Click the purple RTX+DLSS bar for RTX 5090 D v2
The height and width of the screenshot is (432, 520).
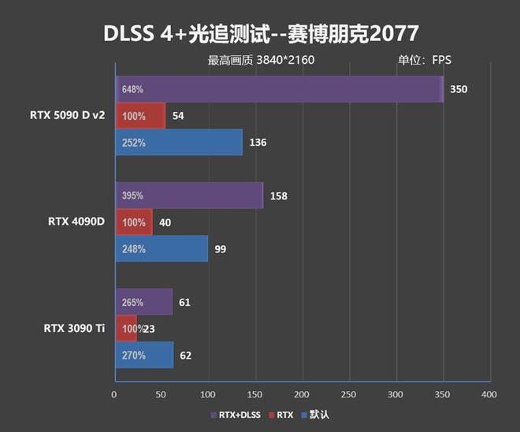[280, 89]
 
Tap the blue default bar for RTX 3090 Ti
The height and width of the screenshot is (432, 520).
[144, 355]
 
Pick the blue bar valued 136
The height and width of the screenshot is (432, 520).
[179, 143]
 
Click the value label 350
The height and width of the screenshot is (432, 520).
[459, 89]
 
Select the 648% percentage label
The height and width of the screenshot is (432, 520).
[132, 90]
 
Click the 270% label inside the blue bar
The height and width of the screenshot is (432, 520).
[133, 356]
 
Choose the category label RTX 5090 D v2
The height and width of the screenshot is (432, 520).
[67, 116]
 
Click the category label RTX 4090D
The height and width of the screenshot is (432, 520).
[77, 222]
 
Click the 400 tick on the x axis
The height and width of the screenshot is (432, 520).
[488, 394]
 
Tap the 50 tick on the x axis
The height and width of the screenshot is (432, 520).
[162, 394]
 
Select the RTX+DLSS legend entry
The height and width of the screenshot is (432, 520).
[237, 415]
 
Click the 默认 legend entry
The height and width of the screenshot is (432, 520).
[318, 415]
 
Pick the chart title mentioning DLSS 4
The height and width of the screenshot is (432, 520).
[260, 34]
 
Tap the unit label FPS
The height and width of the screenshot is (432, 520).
[441, 61]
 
